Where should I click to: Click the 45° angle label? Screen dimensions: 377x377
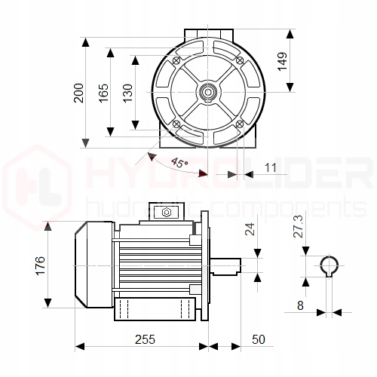(179, 163)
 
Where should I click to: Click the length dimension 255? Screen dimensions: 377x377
(141, 339)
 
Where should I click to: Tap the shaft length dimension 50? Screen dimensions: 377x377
(259, 339)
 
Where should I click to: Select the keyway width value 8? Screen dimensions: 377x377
(300, 305)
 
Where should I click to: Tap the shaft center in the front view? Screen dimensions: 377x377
(207, 92)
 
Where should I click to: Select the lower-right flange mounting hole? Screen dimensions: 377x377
(239, 124)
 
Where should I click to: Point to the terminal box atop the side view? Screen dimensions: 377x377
(166, 213)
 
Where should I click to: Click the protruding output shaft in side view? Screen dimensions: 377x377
(225, 265)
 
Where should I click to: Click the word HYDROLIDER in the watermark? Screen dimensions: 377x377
(226, 177)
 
